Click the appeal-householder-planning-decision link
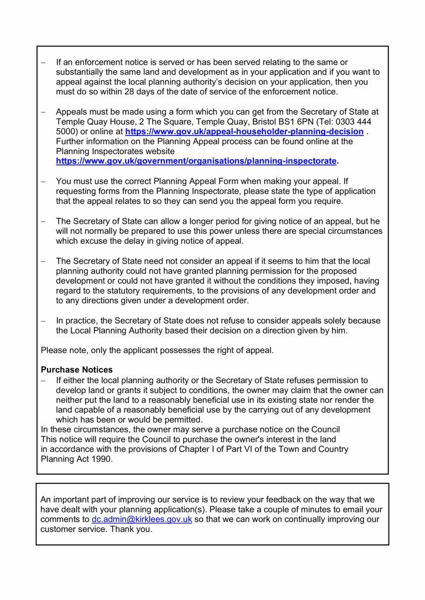pos(244,132)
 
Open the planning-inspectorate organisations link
pos(197,161)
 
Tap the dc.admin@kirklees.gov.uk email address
pos(142,519)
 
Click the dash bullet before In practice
pos(43,321)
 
